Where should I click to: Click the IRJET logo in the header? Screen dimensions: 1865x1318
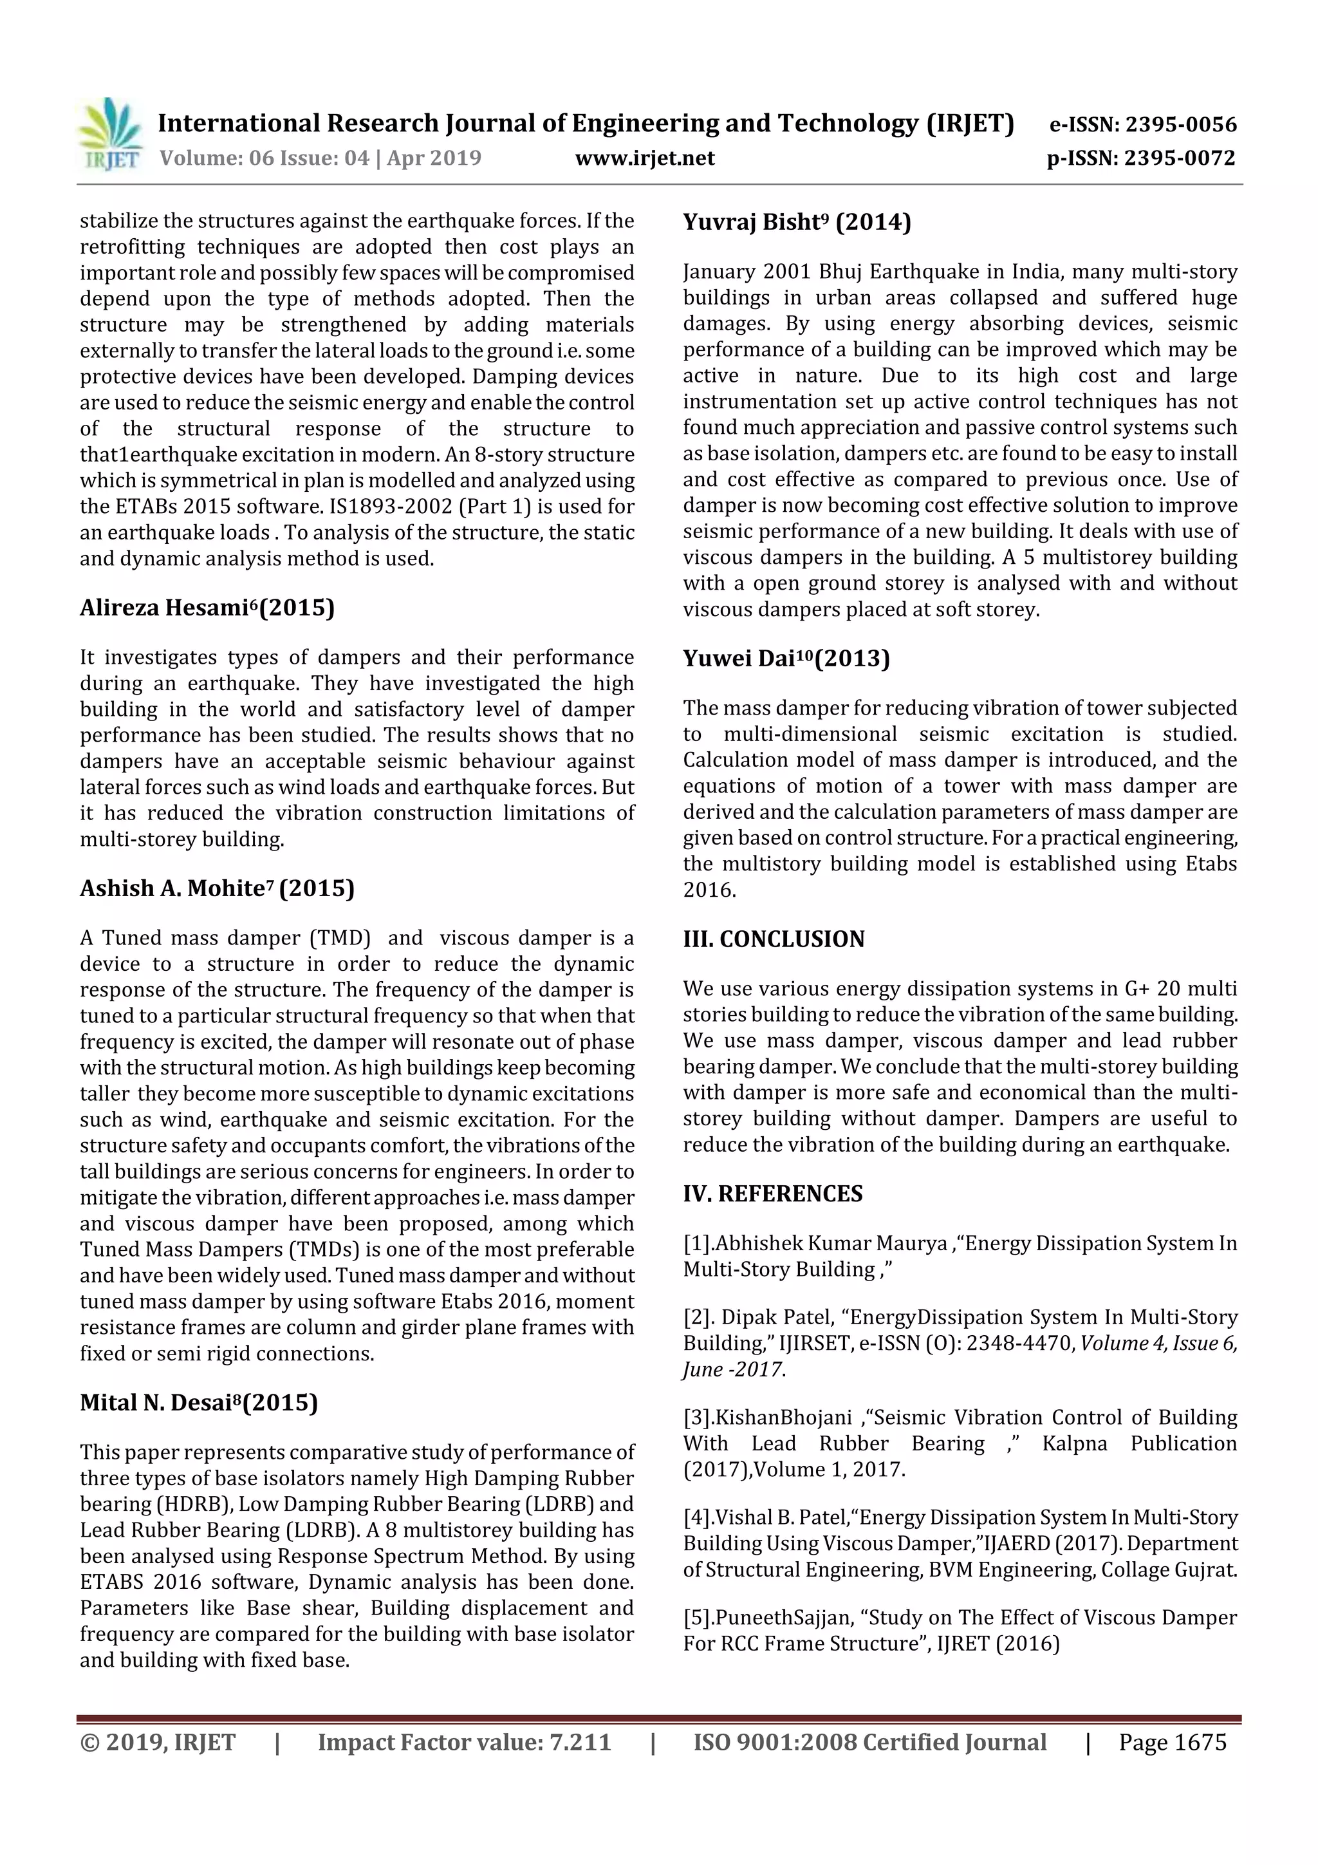click(109, 135)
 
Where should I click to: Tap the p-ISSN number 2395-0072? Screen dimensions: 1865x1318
click(1179, 158)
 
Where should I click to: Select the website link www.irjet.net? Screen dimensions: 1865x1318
click(645, 158)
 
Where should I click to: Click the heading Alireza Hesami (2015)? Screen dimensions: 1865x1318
click(207, 608)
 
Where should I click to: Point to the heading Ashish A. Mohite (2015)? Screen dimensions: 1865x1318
click(217, 888)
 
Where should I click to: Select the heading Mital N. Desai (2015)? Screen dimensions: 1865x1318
click(199, 1402)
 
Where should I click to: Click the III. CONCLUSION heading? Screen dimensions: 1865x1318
click(773, 939)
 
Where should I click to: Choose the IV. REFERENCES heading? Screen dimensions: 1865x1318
click(772, 1194)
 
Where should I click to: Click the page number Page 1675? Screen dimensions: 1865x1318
click(1172, 1741)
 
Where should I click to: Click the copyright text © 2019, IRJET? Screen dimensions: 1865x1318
click(158, 1741)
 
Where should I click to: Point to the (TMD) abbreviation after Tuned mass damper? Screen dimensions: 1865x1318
click(339, 938)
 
